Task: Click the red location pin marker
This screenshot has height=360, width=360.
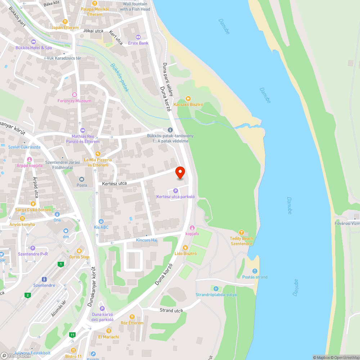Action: coord(180,172)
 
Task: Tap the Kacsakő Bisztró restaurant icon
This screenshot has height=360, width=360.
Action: coord(188,98)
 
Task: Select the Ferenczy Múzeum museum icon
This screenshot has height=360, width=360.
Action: coord(75,95)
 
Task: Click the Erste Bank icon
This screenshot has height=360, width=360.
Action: coord(138,37)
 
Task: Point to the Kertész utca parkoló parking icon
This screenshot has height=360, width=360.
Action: coord(175,190)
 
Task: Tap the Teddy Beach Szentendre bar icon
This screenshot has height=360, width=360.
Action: coord(242,232)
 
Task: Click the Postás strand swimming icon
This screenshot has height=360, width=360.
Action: coord(255,271)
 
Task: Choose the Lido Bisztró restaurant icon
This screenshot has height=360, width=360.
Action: coord(185,247)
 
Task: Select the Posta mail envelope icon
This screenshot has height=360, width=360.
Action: coord(82,179)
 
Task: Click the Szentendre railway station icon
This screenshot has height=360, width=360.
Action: coord(44,279)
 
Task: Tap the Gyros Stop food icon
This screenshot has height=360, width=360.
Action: coord(79,251)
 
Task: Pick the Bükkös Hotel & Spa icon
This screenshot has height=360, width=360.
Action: coord(33,41)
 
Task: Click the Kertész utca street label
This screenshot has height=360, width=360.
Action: coord(114,183)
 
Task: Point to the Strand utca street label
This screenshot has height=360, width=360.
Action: coord(171,310)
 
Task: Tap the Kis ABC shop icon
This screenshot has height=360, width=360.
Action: coord(101,221)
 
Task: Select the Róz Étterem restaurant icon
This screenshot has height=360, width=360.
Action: coord(132,317)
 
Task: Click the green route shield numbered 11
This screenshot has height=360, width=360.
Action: coord(73,335)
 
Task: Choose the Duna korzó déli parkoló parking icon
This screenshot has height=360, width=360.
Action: coord(102,308)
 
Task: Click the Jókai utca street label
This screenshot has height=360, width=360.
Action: coord(93,31)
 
